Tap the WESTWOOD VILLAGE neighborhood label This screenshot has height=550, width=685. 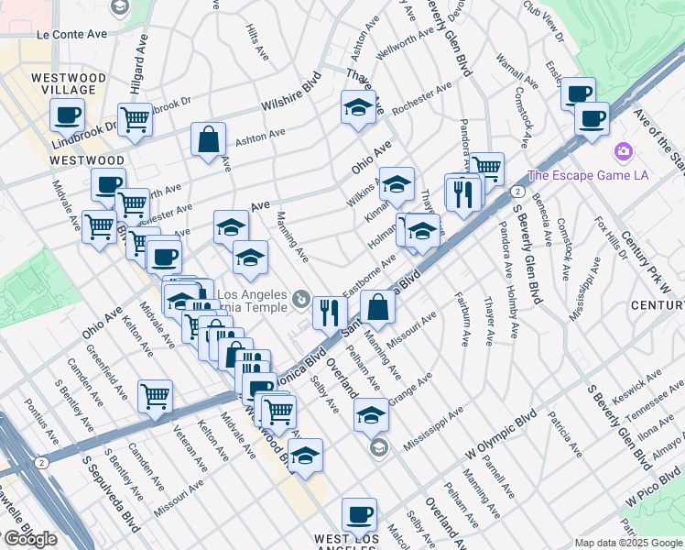pos(68,83)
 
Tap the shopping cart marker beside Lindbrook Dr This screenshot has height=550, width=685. pos(135,118)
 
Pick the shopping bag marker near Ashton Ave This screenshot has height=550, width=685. pos(209,138)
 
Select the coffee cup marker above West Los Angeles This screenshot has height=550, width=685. pos(359,514)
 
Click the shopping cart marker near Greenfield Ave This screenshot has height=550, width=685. pos(155,396)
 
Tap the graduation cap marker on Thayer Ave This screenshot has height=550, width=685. pos(359,107)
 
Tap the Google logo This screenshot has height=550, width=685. pos(30,539)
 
